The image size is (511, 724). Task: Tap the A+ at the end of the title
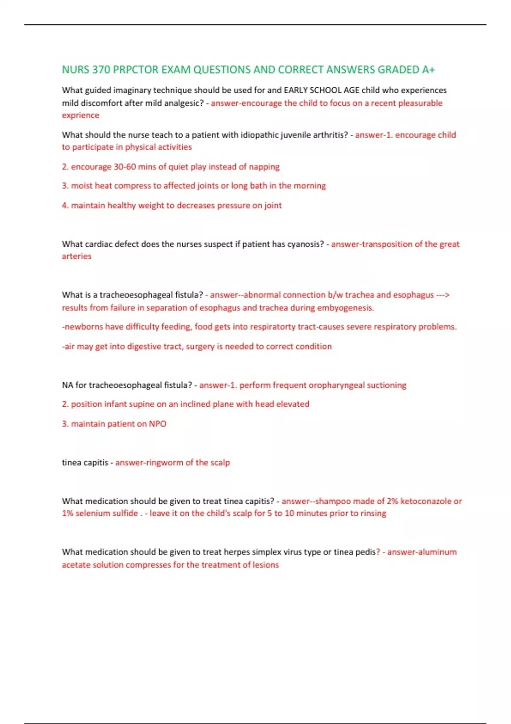tap(428, 70)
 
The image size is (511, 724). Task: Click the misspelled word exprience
tap(80, 115)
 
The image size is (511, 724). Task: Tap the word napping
tap(264, 167)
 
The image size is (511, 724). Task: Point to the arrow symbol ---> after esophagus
tap(443, 295)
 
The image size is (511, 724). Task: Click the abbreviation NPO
tap(158, 424)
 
